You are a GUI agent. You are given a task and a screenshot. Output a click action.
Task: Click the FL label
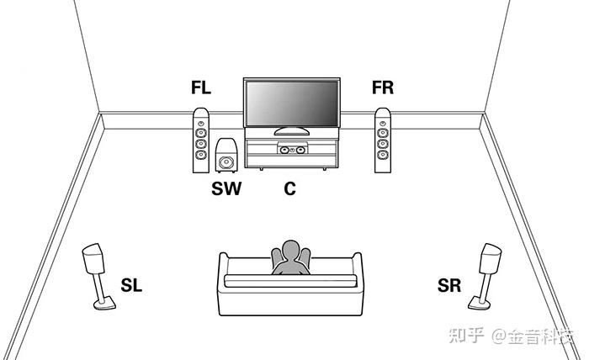tap(201, 88)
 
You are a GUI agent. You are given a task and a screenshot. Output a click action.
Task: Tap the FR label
tap(383, 88)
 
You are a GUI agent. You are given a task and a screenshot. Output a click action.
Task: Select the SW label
tap(226, 189)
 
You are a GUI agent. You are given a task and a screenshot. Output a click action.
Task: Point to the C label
tap(289, 189)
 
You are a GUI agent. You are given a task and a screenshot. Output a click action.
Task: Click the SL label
tap(132, 286)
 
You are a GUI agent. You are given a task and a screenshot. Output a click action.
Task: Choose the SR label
tap(449, 286)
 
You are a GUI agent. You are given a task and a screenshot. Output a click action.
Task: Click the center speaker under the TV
tap(290, 151)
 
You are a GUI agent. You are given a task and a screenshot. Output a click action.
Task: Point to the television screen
tap(291, 104)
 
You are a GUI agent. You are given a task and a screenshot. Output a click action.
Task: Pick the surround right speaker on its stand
tap(491, 260)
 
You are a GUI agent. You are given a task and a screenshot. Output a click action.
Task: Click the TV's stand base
tap(290, 132)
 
